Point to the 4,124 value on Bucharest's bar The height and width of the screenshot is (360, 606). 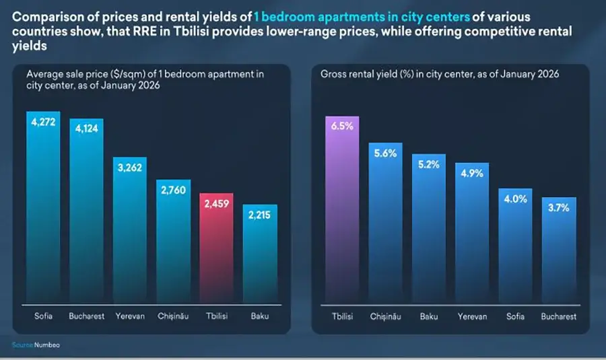[86, 129]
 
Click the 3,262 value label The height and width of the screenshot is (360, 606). [130, 168]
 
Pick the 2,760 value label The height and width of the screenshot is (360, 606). [174, 190]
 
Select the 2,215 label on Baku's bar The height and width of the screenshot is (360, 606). [260, 215]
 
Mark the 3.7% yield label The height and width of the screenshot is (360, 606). [558, 208]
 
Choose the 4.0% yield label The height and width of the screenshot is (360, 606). [515, 199]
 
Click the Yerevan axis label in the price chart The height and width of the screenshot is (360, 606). [130, 316]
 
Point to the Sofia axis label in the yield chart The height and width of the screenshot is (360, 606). [515, 316]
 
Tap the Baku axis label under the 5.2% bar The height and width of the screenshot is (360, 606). [428, 316]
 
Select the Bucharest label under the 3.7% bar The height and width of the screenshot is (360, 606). [558, 316]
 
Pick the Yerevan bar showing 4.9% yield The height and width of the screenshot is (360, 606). [471, 236]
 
